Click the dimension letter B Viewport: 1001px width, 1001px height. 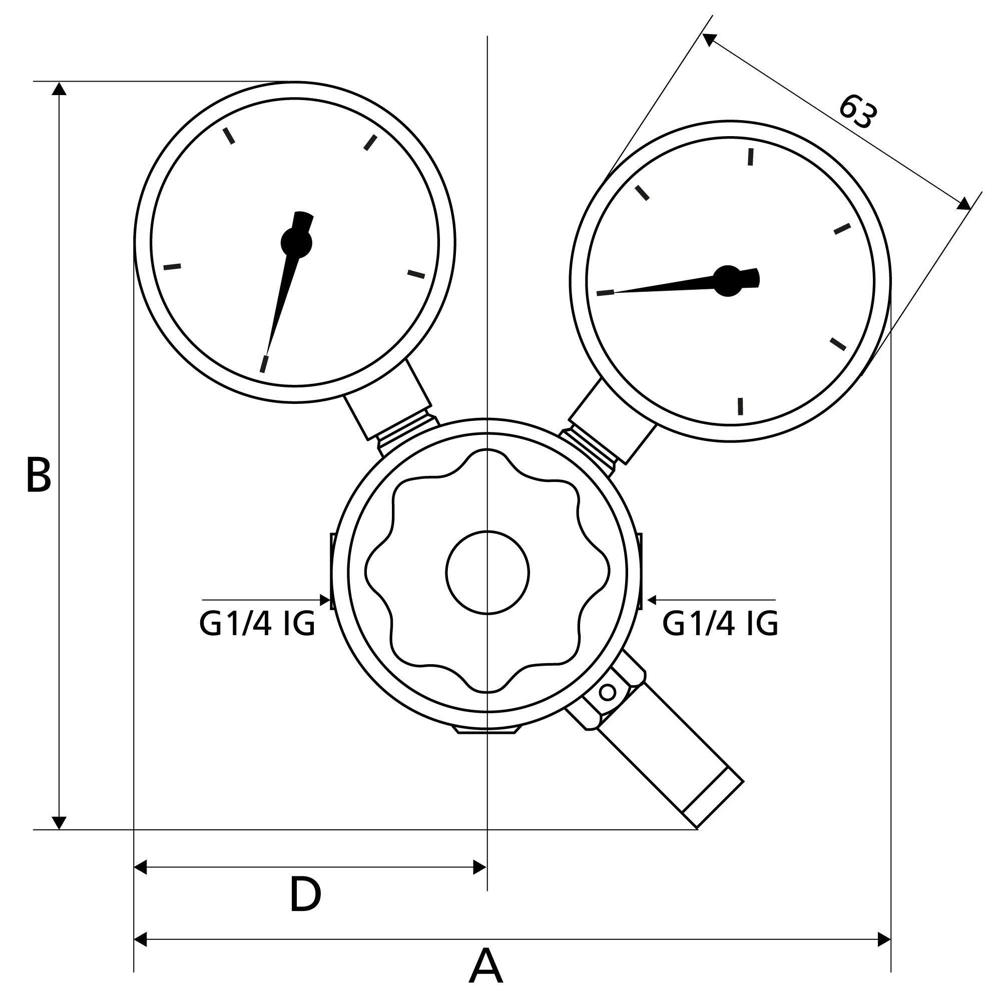[x=39, y=475]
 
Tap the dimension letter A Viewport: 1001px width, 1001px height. [x=485, y=966]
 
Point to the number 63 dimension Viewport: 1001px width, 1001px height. [x=858, y=112]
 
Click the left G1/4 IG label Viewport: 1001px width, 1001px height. [x=257, y=624]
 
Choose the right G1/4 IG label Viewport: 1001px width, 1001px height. [x=720, y=624]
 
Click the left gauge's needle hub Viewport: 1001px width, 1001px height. [x=296, y=242]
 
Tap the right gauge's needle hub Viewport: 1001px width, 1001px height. [x=728, y=281]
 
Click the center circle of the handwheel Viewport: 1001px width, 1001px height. [x=487, y=573]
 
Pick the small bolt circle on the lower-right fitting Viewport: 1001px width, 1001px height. [x=607, y=692]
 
